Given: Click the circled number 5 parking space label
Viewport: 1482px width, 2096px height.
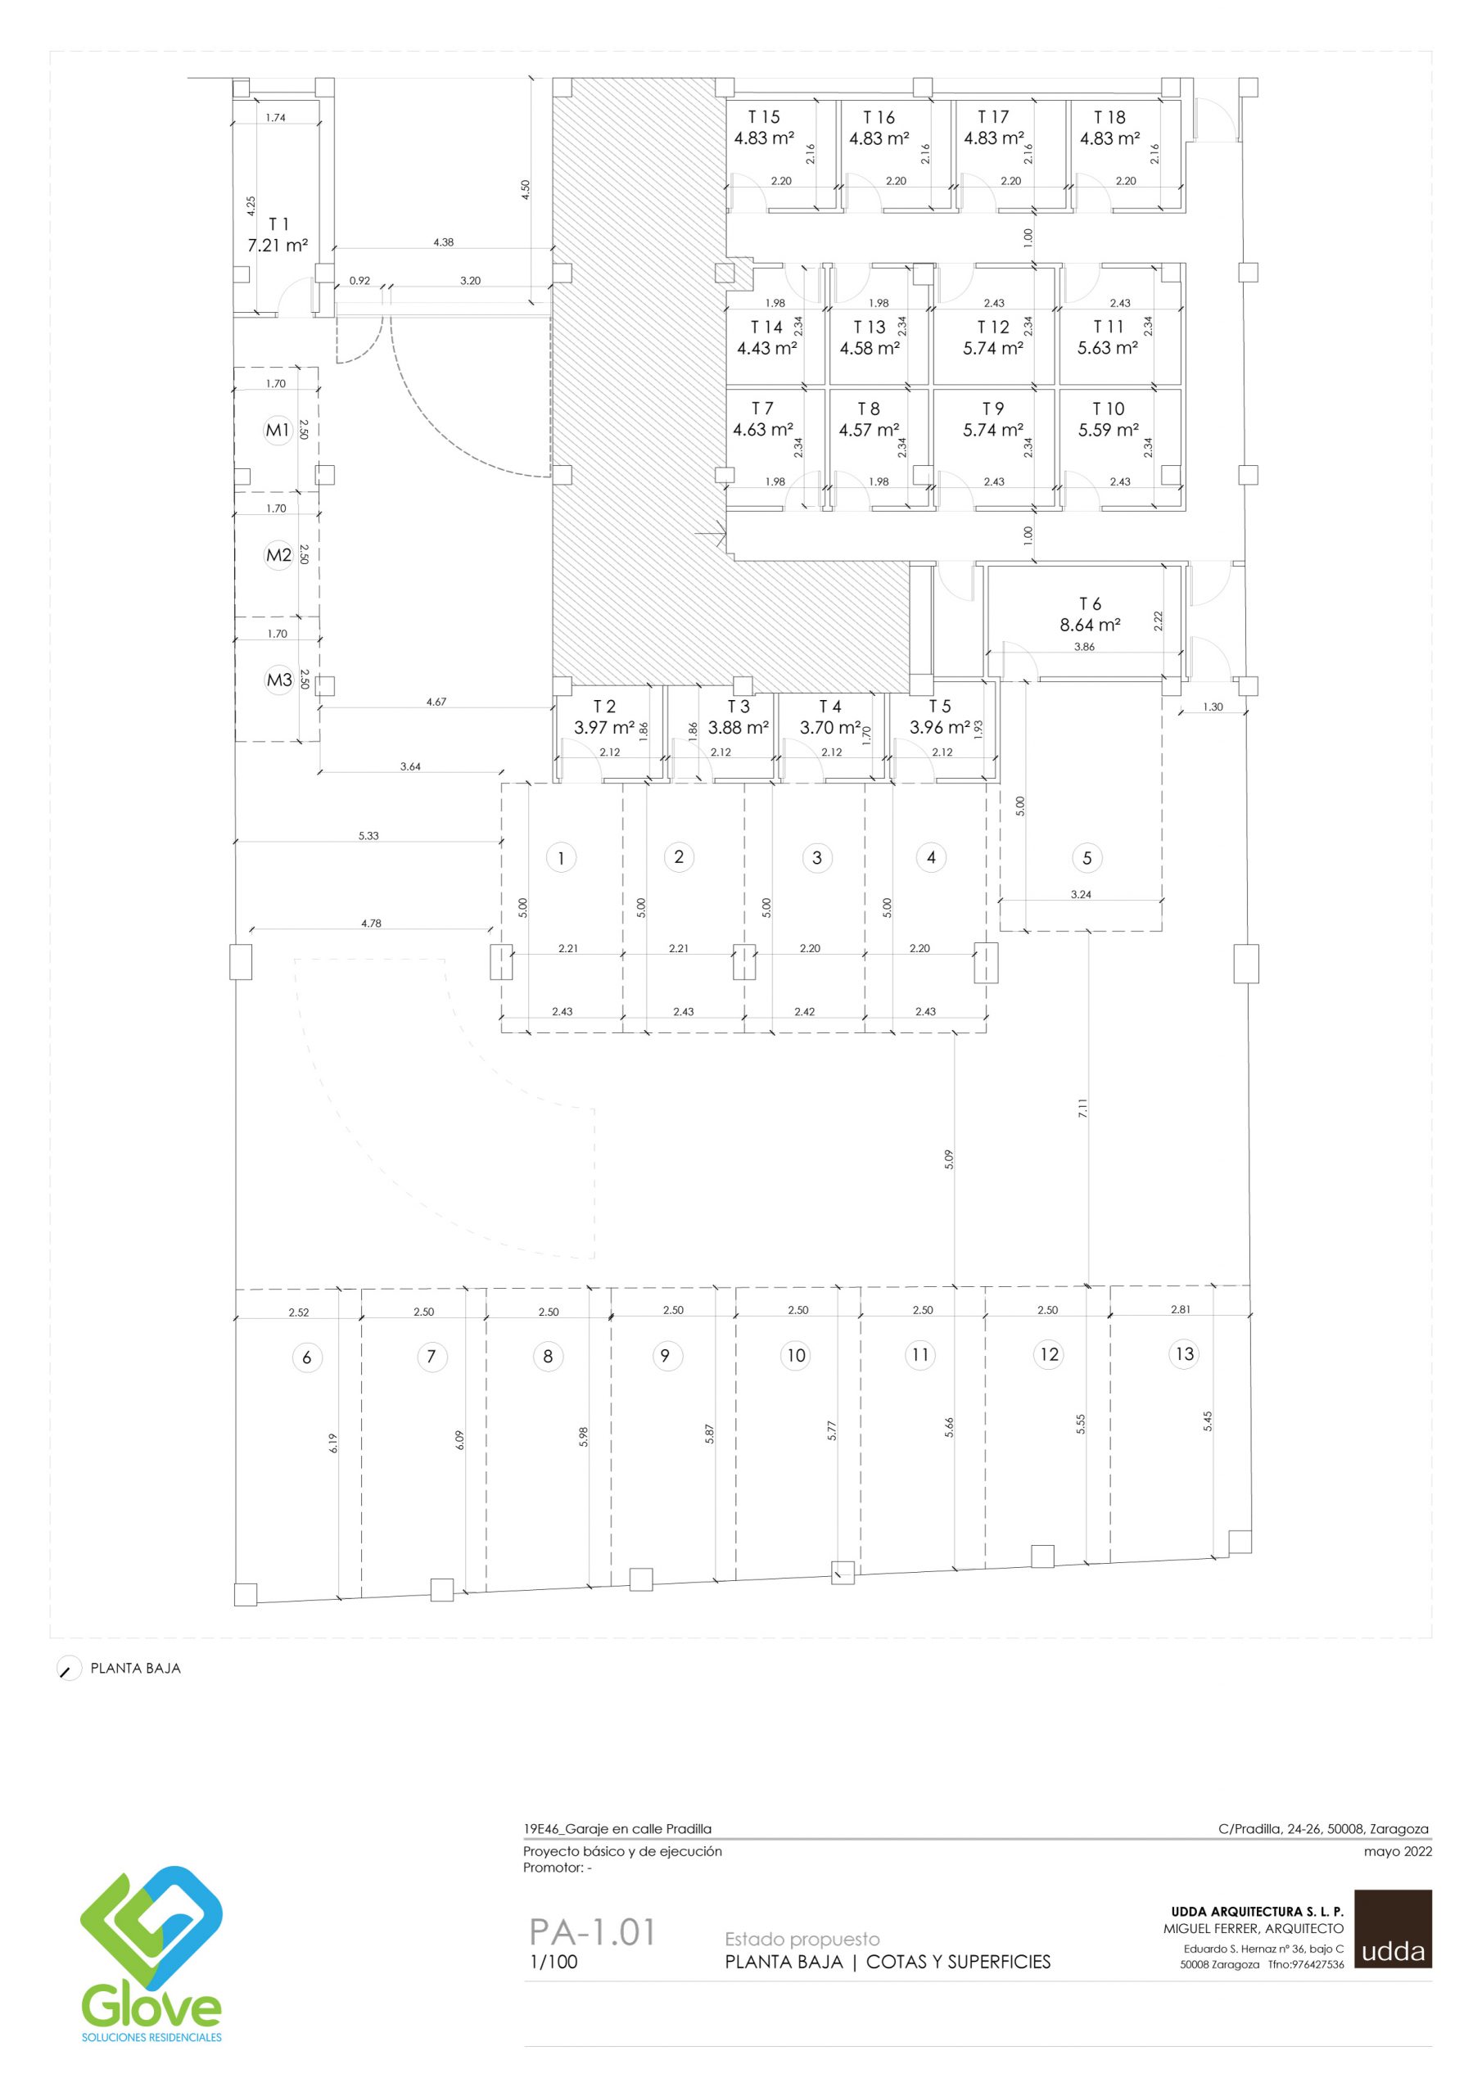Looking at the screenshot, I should pyautogui.click(x=1087, y=858).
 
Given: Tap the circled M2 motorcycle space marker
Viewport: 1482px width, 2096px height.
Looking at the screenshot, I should pyautogui.click(x=278, y=555).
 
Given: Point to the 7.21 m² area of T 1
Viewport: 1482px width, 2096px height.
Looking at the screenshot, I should pyautogui.click(x=278, y=246).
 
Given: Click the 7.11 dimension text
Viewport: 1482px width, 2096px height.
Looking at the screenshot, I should pyautogui.click(x=1083, y=1109).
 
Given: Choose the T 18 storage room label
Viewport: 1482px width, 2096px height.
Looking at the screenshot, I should pyautogui.click(x=1109, y=117).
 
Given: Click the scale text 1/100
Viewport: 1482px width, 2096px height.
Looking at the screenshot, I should pyautogui.click(x=553, y=1962).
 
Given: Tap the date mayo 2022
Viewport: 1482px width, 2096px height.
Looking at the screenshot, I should pyautogui.click(x=1397, y=1852).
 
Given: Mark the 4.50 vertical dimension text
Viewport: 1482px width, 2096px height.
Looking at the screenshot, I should pyautogui.click(x=524, y=189).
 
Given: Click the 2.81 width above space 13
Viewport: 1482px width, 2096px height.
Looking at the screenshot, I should pyautogui.click(x=1181, y=1310).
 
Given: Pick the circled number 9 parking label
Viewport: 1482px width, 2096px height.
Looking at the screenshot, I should pyautogui.click(x=665, y=1356).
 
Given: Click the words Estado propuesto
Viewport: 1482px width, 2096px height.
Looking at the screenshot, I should pyautogui.click(x=802, y=1939).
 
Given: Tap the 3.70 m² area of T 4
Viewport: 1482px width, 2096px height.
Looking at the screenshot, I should pyautogui.click(x=830, y=728).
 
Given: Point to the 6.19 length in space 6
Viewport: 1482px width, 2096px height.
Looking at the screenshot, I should pyautogui.click(x=333, y=1443).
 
